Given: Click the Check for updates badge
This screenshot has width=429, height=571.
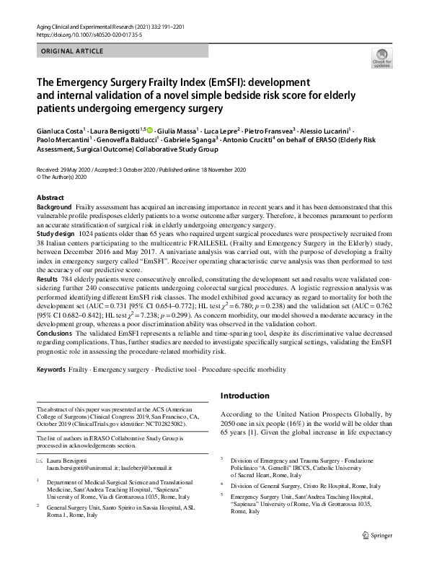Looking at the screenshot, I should pos(381,58).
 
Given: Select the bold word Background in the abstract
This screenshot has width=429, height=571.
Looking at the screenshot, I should pos(54,206).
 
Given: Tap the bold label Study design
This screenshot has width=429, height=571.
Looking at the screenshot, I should pos(56,235).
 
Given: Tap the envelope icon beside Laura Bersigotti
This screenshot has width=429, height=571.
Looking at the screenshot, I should pos(40,460).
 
